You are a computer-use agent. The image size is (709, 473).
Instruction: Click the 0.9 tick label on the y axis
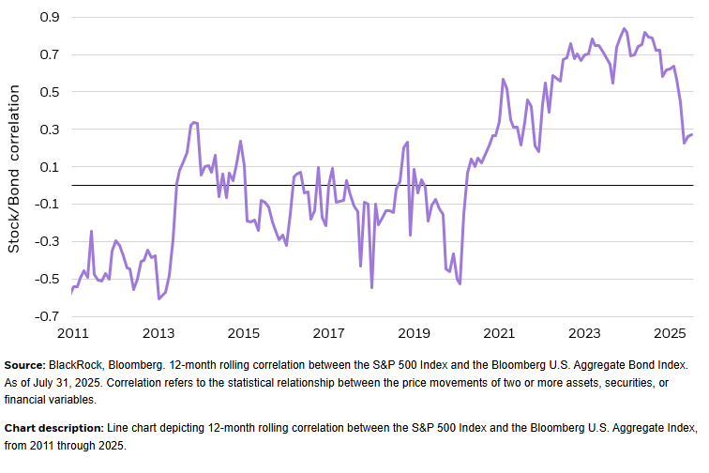[49, 17]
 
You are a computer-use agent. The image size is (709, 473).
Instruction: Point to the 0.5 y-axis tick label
[49, 92]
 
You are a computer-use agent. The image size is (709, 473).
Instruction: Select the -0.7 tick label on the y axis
[46, 316]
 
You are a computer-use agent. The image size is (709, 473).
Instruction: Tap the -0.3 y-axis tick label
[46, 241]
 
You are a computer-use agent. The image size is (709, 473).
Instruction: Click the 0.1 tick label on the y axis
[49, 167]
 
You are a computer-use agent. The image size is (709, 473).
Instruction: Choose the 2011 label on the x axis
[72, 333]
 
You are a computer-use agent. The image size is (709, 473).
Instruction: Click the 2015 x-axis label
[243, 333]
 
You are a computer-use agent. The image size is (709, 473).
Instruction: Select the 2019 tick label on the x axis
[414, 333]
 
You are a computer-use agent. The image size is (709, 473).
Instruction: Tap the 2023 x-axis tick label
[584, 333]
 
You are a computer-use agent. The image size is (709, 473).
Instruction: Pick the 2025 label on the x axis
[670, 333]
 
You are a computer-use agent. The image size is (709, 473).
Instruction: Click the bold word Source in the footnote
[26, 363]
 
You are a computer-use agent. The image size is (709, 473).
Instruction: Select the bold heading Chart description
[54, 427]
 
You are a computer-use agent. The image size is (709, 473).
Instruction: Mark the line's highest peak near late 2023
[625, 28]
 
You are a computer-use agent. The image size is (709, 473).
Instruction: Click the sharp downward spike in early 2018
[371, 287]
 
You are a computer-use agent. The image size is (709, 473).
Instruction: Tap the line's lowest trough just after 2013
[158, 298]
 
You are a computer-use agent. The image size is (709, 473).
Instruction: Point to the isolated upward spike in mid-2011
[91, 231]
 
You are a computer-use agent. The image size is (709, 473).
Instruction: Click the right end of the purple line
[692, 134]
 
